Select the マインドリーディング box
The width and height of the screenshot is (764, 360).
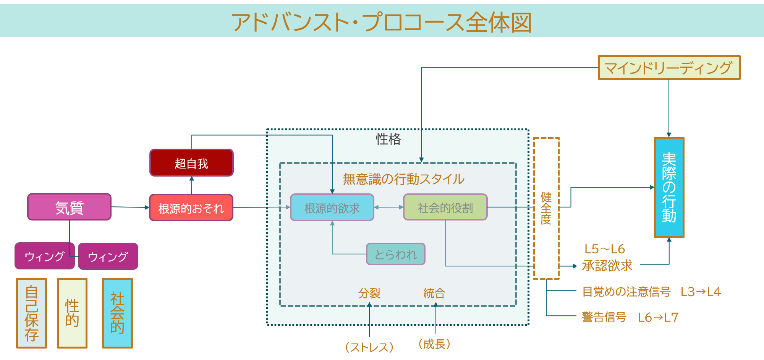669,68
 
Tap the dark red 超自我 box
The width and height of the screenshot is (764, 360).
191,163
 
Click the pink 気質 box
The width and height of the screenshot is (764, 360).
69,207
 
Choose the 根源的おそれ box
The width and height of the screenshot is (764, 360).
191,208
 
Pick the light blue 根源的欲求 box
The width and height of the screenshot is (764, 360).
332,208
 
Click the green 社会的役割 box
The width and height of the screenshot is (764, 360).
445,207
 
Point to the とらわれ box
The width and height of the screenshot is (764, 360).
395,254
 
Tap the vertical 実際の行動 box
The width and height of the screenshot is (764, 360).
669,187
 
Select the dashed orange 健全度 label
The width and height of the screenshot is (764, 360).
546,208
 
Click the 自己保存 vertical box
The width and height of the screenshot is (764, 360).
31,313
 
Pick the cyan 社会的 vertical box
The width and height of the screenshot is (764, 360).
117,313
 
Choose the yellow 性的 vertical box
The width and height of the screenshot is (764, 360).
72,313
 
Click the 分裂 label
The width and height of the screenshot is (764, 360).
369,293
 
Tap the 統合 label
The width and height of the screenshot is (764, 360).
434,293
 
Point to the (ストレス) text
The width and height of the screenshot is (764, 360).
369,347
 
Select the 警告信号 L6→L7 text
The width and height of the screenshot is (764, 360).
630,317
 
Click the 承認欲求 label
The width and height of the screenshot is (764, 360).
607,266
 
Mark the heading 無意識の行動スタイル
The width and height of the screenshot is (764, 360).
403,179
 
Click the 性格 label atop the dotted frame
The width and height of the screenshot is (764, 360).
388,139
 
